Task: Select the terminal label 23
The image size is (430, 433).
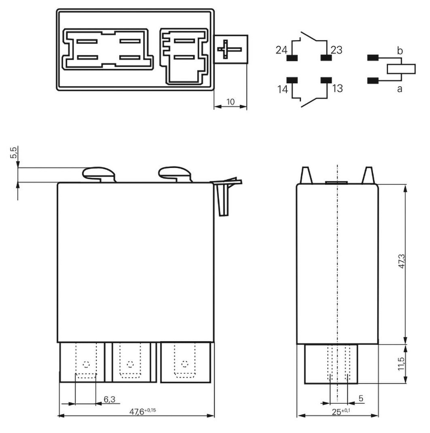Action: point(336,50)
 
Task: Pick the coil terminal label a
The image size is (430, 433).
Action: point(400,89)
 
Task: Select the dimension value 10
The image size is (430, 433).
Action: point(231,102)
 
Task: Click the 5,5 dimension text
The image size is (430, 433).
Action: point(13,153)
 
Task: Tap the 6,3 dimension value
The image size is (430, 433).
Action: point(109,399)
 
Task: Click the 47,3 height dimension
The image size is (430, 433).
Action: point(402,262)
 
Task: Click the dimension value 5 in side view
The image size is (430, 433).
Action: point(360,399)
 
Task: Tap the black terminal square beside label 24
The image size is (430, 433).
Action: point(291,58)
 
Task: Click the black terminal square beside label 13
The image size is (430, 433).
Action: point(326,80)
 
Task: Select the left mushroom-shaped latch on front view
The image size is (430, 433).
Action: point(98,173)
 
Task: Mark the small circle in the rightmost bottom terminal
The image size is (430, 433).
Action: point(184,364)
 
